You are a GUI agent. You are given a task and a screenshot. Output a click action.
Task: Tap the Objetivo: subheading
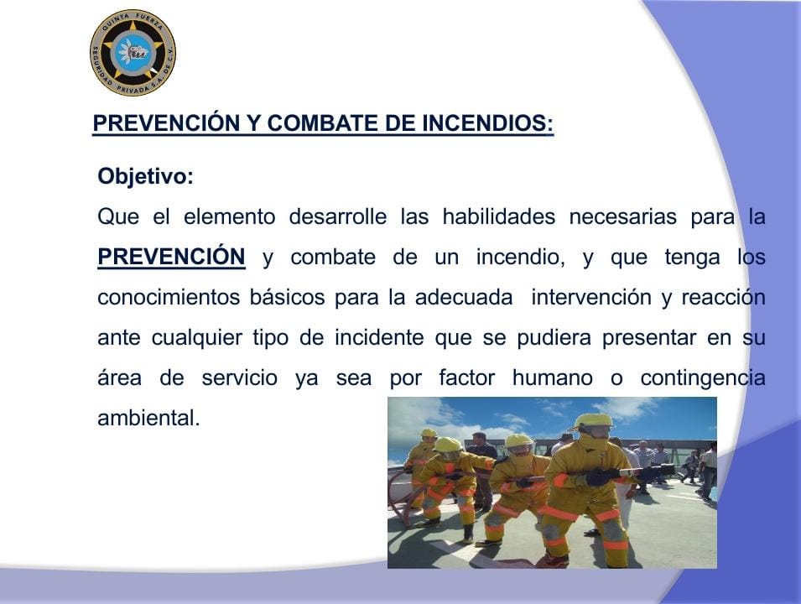click(x=146, y=176)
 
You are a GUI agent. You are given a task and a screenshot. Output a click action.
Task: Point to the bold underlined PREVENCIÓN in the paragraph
click(x=171, y=257)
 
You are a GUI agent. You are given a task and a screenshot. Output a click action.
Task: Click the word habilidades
click(x=498, y=216)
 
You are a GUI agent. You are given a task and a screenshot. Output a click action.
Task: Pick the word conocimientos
click(x=169, y=297)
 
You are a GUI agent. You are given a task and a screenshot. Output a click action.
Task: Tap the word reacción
click(x=723, y=297)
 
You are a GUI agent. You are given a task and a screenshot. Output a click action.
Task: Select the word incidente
click(x=379, y=337)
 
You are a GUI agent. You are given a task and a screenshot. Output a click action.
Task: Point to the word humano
click(x=553, y=378)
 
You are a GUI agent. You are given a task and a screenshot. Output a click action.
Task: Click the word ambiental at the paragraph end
click(x=148, y=418)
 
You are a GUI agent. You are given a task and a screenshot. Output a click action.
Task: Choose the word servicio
click(x=240, y=378)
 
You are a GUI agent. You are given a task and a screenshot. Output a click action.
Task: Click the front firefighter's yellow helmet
click(x=593, y=422)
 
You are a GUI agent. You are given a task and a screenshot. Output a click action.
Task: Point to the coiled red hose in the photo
click(x=400, y=498)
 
